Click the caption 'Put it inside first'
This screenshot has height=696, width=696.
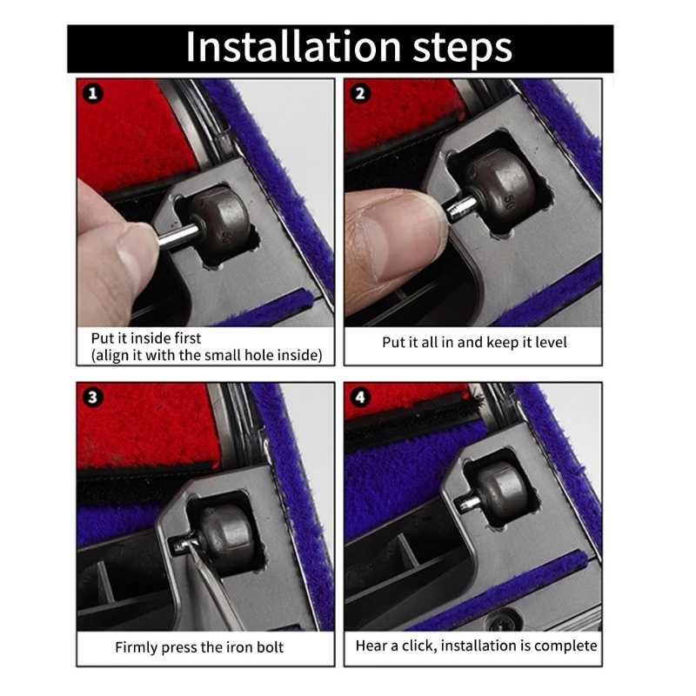(x=146, y=338)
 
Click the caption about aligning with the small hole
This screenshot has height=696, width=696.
(x=206, y=355)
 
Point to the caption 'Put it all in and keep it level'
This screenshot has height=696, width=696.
(x=474, y=342)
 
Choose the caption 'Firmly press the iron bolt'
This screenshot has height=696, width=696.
(x=199, y=647)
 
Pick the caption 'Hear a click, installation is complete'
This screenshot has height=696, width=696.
(x=476, y=646)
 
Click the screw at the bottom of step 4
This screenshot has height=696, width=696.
(x=501, y=624)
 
